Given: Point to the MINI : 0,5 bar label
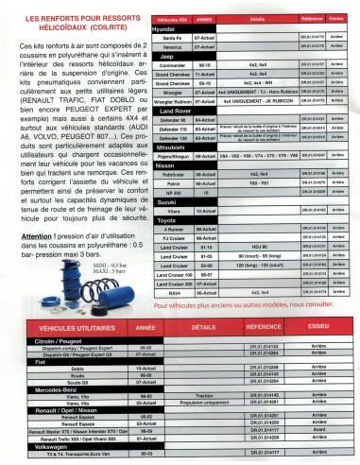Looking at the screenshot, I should point(109,292).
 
